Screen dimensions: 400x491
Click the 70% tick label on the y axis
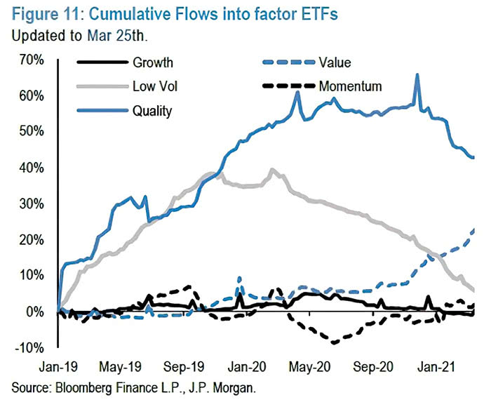tap(32, 59)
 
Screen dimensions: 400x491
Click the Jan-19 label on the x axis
tap(58, 366)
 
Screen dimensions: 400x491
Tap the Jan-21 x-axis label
tap(436, 366)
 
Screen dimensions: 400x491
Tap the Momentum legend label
tap(350, 87)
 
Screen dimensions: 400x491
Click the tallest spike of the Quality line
tap(417, 74)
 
